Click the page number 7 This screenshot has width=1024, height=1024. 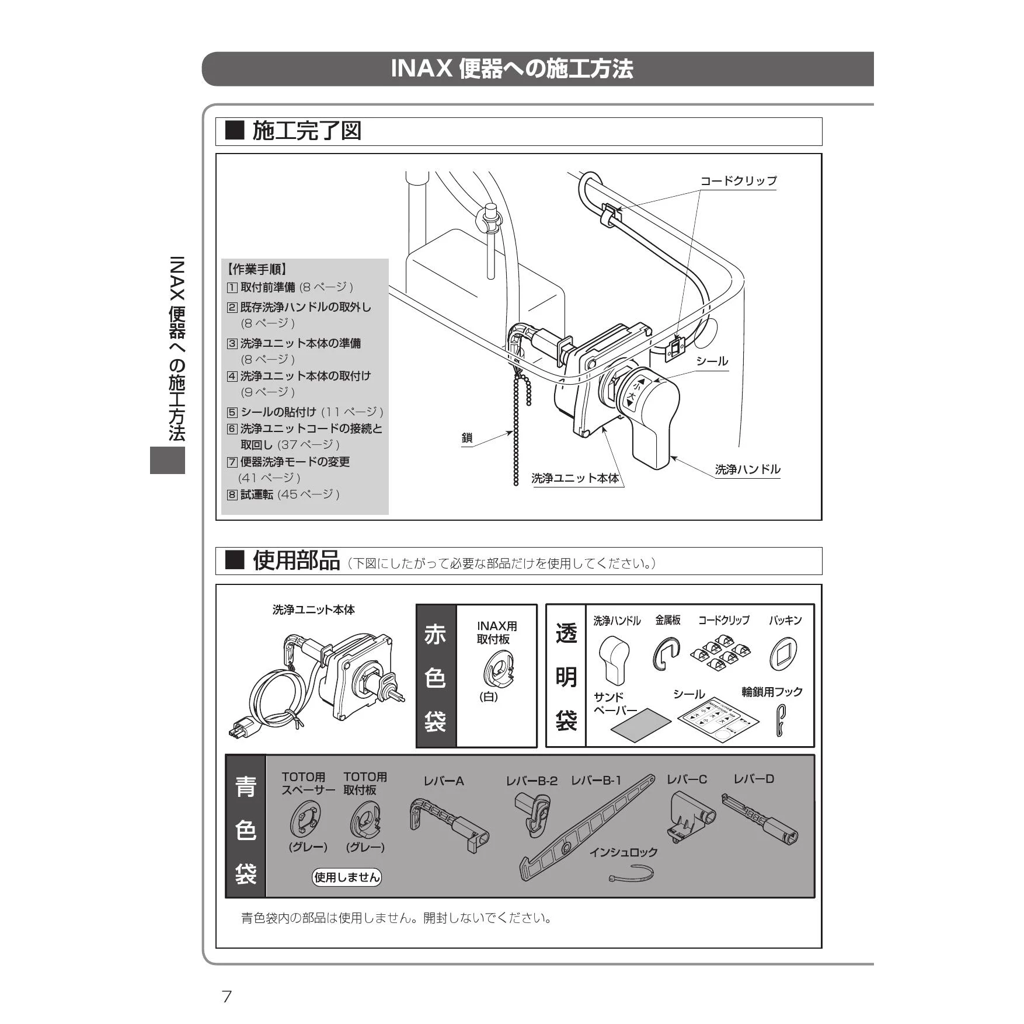(x=227, y=996)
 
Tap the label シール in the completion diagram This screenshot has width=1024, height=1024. (x=712, y=361)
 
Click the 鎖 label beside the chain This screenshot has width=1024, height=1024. (x=467, y=438)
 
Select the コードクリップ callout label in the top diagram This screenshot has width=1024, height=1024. (x=739, y=181)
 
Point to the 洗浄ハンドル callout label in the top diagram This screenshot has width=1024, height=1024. (x=747, y=469)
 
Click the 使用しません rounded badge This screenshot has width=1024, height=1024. (x=347, y=877)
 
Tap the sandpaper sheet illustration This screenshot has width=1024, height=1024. (x=641, y=725)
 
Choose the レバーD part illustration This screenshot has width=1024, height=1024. (x=760, y=818)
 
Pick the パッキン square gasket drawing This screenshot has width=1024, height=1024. (x=783, y=653)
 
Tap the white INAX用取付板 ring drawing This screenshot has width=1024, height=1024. (x=497, y=669)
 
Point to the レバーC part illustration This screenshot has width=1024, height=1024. (x=691, y=816)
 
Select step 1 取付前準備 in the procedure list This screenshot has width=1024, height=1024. (x=290, y=287)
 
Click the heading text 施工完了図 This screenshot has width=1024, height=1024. (x=306, y=131)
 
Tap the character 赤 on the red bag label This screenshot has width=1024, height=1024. (x=436, y=634)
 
